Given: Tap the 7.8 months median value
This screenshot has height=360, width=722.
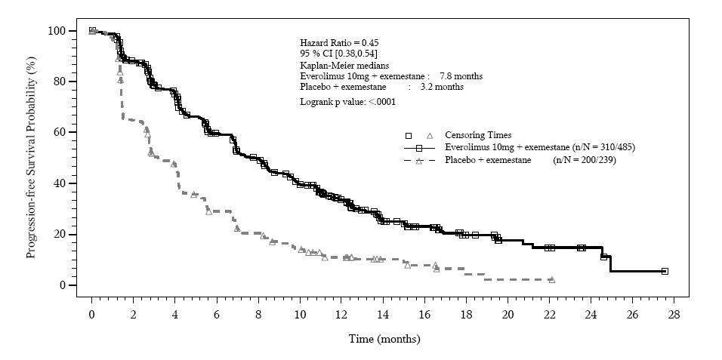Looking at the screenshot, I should pyautogui.click(x=461, y=76).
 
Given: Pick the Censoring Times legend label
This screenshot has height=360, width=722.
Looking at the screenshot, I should pyautogui.click(x=478, y=135).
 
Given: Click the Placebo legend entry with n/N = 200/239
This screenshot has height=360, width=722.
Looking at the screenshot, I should pyautogui.click(x=529, y=160).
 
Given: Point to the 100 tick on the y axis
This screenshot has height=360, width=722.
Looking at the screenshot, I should pyautogui.click(x=57, y=31).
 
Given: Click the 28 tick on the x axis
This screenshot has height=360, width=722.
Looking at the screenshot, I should pyautogui.click(x=674, y=314).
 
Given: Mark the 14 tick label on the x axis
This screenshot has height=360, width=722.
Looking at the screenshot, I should pyautogui.click(x=383, y=314).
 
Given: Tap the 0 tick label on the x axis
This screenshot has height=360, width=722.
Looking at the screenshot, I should pyautogui.click(x=91, y=314).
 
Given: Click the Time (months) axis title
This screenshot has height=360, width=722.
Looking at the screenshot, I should pyautogui.click(x=384, y=339).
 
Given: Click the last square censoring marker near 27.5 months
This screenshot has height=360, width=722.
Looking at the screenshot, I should pyautogui.click(x=665, y=271).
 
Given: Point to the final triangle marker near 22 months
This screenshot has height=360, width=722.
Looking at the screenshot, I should pyautogui.click(x=551, y=279).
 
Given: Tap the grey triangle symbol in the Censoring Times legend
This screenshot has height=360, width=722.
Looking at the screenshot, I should pyautogui.click(x=430, y=135).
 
